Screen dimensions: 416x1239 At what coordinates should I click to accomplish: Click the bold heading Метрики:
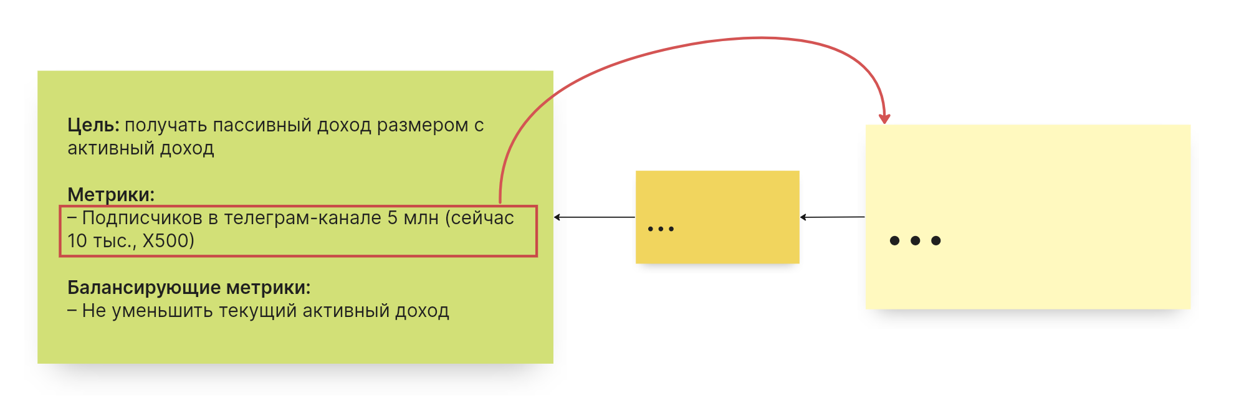[111, 194]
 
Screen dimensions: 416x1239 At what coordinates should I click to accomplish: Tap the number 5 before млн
[392, 218]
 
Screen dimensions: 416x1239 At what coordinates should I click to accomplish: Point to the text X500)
[168, 241]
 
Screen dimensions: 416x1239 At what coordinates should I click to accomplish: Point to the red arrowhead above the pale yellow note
[884, 118]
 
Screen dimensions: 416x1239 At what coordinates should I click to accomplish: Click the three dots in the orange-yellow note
[661, 229]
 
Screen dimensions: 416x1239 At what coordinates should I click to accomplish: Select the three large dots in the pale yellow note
[915, 240]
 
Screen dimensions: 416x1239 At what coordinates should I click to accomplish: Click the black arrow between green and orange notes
[594, 217]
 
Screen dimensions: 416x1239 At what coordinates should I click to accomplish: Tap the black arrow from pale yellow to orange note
[832, 217]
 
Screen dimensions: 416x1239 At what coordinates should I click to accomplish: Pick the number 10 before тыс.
[77, 241]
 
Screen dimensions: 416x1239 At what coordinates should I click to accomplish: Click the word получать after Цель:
[165, 125]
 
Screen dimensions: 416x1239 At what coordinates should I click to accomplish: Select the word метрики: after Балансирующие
[268, 288]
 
